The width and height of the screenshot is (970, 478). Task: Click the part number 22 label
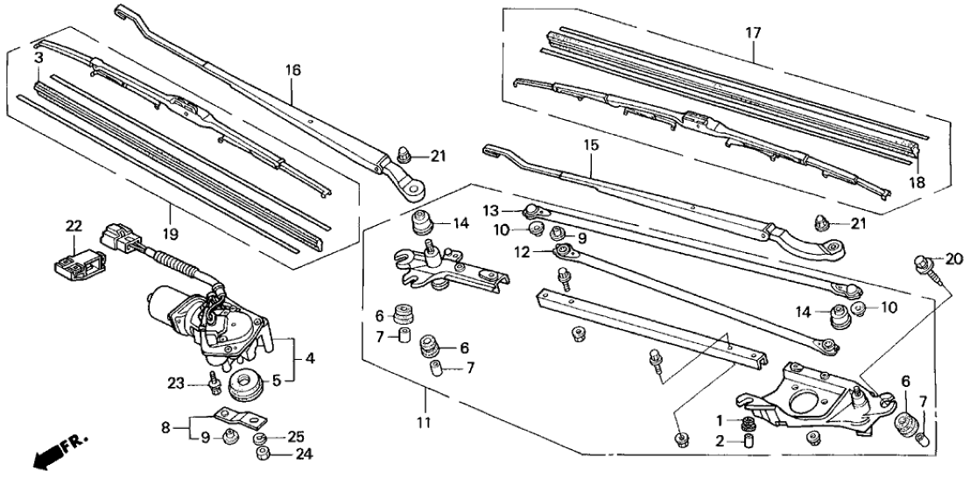coord(73,225)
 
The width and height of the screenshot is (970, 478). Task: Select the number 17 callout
coord(753,34)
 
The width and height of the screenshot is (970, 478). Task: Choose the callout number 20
coord(953,258)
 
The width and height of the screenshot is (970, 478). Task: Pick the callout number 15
coord(592,144)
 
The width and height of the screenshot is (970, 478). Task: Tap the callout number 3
coord(39,57)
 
